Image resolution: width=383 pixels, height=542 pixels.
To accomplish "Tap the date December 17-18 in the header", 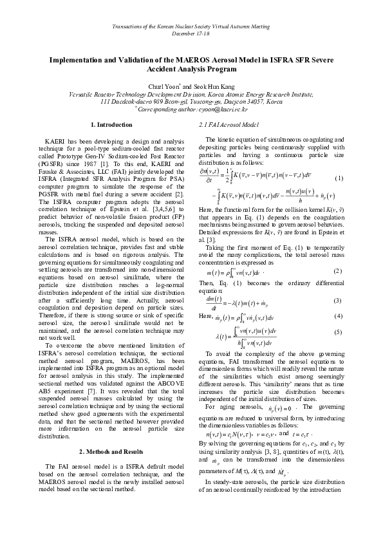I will pyautogui.click(x=191, y=33).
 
